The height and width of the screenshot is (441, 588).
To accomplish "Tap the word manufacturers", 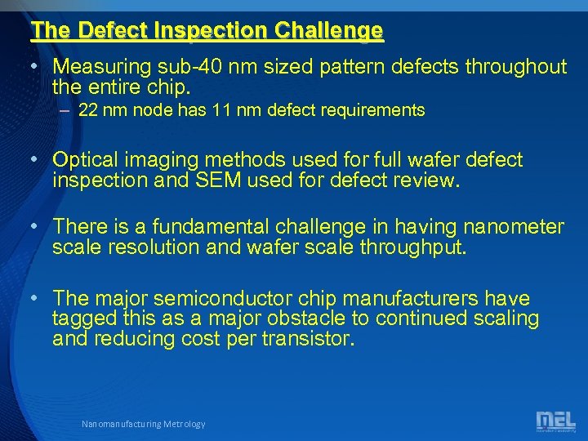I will click(425, 299).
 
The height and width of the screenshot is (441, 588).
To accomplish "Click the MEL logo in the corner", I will click(555, 421).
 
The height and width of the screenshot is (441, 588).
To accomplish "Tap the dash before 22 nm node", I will click(65, 110).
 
